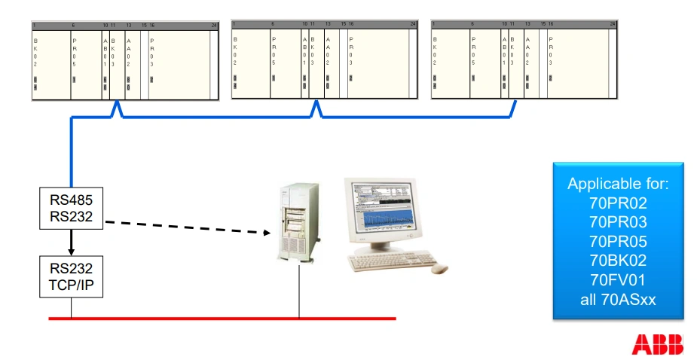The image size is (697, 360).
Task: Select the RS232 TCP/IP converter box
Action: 71,277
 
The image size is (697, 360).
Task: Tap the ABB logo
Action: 658,345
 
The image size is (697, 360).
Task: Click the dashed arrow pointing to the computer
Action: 188,227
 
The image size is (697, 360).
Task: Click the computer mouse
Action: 439,269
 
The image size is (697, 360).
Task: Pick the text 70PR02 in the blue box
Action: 618,202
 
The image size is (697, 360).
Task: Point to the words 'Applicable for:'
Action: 618,183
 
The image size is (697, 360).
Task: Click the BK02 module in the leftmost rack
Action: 35,65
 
